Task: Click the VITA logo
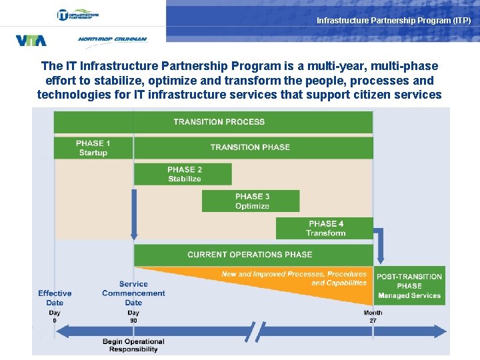click(x=31, y=41)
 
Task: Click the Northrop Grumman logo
click(x=112, y=39)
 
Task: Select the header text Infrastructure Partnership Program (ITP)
click(x=393, y=21)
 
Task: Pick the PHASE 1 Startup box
click(x=93, y=148)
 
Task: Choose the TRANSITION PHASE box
click(x=250, y=147)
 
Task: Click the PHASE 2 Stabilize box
click(x=184, y=174)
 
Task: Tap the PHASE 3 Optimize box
click(x=252, y=201)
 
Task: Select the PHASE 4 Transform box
click(x=326, y=228)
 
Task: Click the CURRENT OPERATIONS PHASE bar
click(x=250, y=254)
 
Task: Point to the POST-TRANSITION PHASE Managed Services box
click(x=409, y=285)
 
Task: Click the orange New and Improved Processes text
click(x=294, y=278)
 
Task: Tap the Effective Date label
click(x=55, y=298)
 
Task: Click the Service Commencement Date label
click(x=133, y=293)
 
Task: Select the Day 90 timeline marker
click(x=133, y=317)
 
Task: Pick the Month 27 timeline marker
click(x=373, y=317)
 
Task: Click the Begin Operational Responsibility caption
click(x=133, y=345)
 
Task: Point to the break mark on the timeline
click(x=255, y=331)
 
